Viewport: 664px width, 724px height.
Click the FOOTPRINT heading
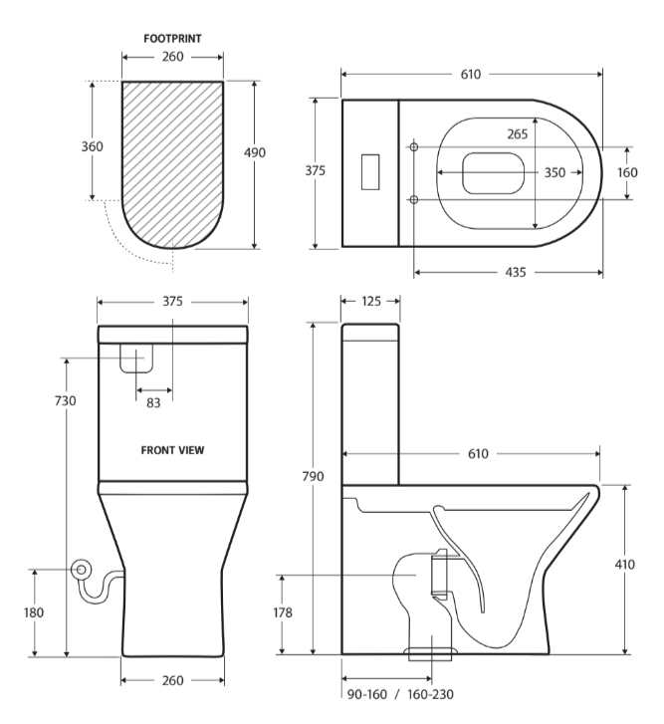point(172,39)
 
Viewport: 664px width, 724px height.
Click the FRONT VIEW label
point(172,450)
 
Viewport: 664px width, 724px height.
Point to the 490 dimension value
point(255,152)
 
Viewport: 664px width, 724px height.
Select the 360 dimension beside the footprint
point(93,146)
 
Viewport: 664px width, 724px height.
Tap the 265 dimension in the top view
point(518,134)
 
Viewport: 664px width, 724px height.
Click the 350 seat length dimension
point(554,172)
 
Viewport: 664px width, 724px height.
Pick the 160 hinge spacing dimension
point(627,172)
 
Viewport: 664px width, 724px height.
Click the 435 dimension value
point(516,273)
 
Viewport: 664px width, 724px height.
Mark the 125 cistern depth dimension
point(371,302)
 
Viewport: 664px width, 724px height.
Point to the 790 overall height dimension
point(313,476)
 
